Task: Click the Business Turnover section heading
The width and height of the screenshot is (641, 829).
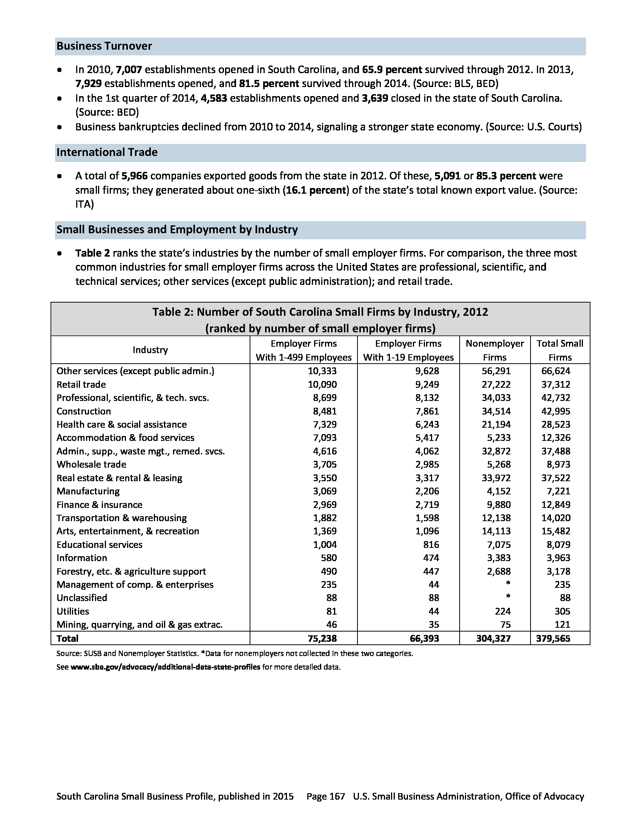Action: tap(104, 46)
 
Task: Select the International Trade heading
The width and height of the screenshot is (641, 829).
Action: tap(107, 153)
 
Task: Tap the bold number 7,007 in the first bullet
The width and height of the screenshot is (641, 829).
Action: tap(129, 70)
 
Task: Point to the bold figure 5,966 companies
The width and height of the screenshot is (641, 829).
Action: tap(135, 176)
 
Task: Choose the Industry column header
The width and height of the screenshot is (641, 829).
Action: tap(150, 350)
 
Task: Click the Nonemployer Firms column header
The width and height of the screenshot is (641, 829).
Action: tap(494, 350)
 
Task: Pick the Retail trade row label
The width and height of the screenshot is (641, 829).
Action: tap(81, 384)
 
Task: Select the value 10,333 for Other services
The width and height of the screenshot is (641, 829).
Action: tap(322, 371)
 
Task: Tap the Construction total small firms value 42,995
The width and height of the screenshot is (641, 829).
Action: tap(555, 411)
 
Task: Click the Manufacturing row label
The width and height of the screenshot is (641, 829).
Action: tap(88, 491)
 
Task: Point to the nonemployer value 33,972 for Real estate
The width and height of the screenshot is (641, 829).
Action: tap(496, 478)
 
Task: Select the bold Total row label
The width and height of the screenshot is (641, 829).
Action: tap(67, 638)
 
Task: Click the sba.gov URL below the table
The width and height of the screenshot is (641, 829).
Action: tap(165, 667)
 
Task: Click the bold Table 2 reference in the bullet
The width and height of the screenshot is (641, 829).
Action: tap(92, 253)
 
